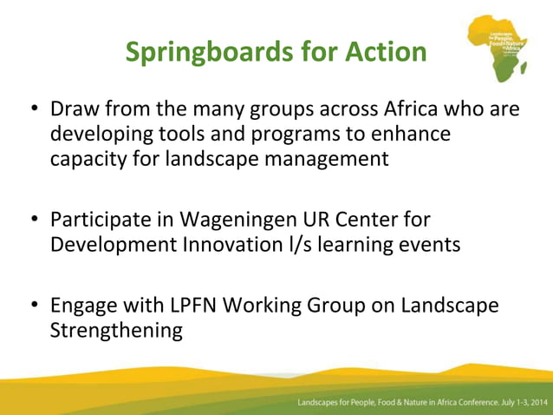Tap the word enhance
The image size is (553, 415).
tap(415, 135)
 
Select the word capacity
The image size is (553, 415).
tap(89, 160)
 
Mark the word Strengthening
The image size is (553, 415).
tap(116, 331)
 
